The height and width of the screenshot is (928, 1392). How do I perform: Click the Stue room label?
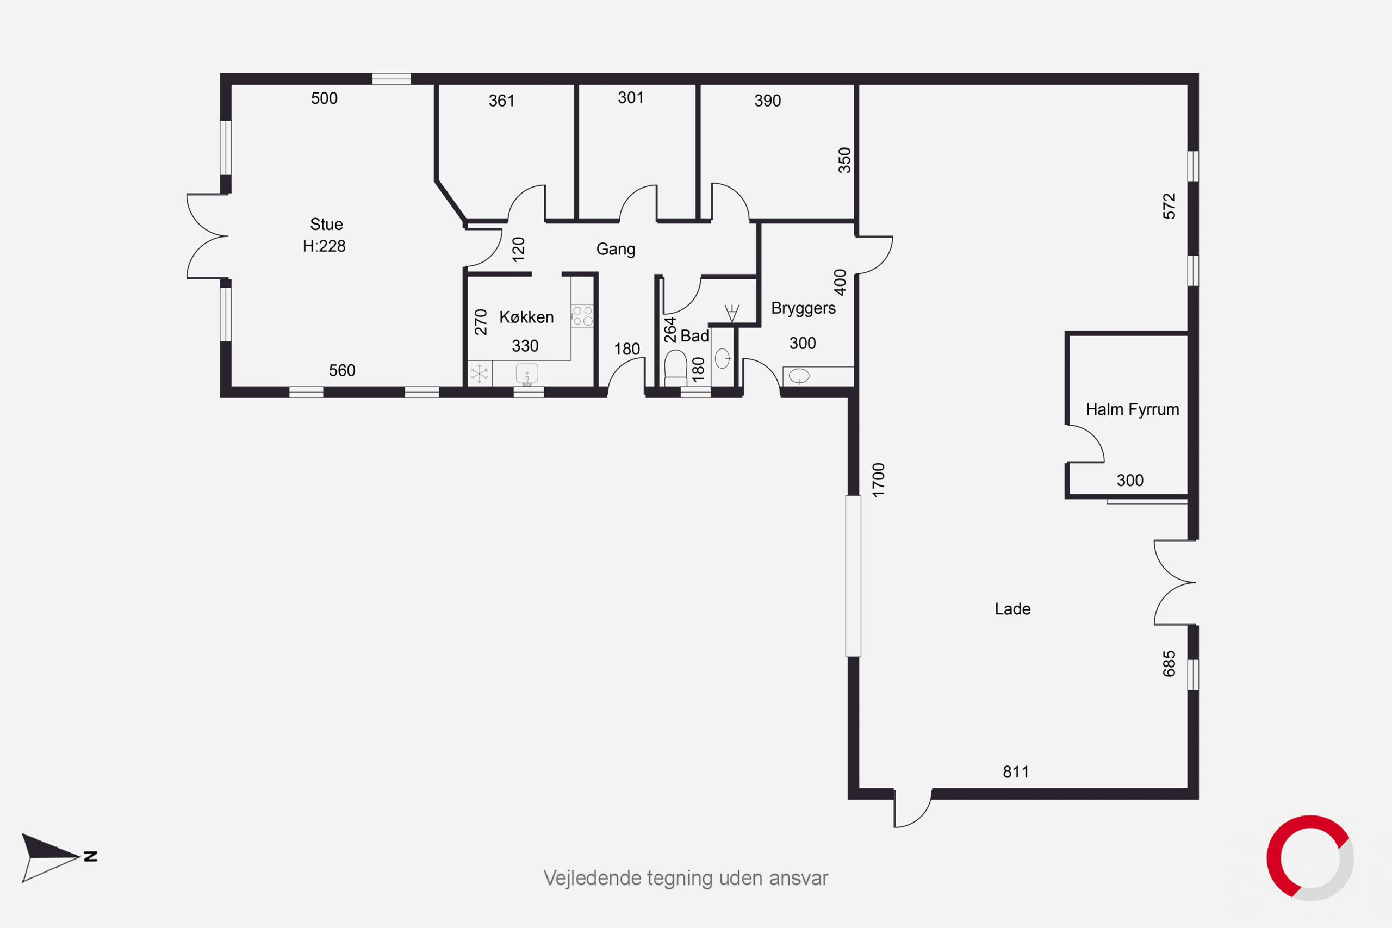(326, 225)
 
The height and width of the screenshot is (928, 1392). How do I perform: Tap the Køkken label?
(526, 317)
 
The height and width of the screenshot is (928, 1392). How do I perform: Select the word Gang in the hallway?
(616, 249)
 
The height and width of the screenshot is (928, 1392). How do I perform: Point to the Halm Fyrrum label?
(1132, 409)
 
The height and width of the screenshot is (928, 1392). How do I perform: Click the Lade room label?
(1012, 608)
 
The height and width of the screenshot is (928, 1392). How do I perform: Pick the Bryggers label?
(803, 308)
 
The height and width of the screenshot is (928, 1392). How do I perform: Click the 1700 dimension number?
(879, 479)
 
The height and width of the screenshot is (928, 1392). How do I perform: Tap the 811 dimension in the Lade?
(1016, 772)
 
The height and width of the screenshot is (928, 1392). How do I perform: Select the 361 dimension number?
(501, 101)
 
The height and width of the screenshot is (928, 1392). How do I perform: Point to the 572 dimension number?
(1169, 206)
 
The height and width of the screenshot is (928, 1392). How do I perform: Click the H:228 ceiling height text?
(324, 246)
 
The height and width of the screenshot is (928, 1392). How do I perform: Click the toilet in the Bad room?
(675, 368)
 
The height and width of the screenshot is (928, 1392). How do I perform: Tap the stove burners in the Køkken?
(582, 316)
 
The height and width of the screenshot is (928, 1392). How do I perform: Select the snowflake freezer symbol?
(479, 373)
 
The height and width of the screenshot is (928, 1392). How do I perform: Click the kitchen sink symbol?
(527, 375)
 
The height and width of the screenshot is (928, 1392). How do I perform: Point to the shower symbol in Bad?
(732, 313)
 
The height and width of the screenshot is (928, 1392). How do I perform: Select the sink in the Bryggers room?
(799, 375)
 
